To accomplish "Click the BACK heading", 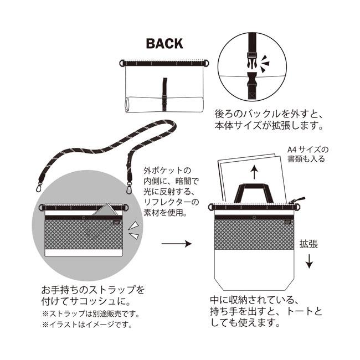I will pyautogui.click(x=164, y=44).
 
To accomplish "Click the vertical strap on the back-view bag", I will pyautogui.click(x=164, y=89).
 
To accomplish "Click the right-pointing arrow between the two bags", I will pyautogui.click(x=176, y=243).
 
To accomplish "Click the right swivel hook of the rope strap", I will pyautogui.click(x=131, y=182).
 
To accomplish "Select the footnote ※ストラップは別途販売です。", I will pyautogui.click(x=90, y=313).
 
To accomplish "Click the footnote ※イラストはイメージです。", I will pyautogui.click(x=86, y=325).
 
